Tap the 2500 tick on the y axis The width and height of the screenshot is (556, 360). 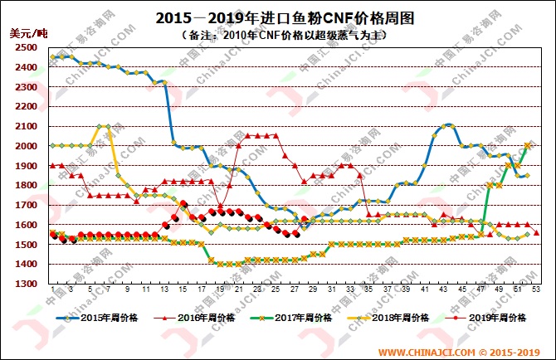[x=25, y=47]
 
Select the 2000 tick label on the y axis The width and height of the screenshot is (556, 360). [x=25, y=146]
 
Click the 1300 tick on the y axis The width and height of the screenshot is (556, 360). [x=25, y=285]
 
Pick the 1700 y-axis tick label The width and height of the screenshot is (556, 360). [x=25, y=205]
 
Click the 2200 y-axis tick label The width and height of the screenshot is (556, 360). [x=25, y=106]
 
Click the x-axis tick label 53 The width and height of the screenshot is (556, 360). [x=536, y=290]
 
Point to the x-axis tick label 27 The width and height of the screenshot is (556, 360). [x=296, y=290]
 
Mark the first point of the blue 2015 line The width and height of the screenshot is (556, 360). [x=52, y=57]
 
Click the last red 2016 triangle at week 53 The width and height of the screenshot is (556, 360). [x=536, y=233]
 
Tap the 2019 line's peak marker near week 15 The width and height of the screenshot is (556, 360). [x=183, y=204]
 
